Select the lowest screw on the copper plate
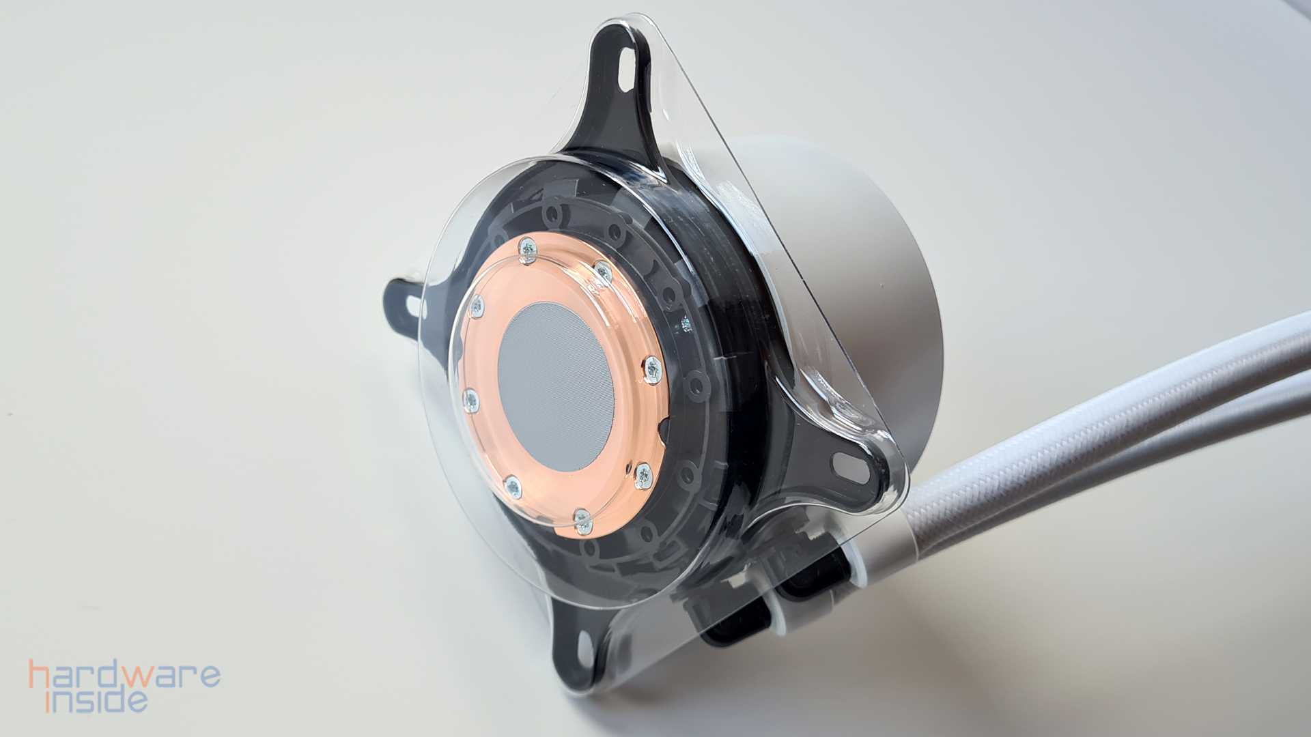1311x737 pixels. [x=582, y=521]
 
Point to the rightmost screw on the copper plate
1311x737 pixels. [x=653, y=369]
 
